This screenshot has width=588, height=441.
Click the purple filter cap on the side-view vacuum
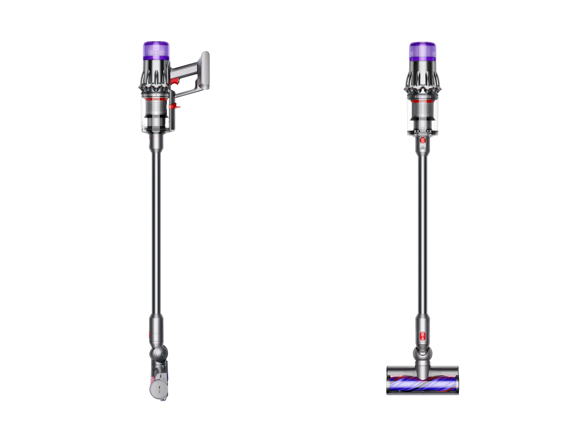click(156, 51)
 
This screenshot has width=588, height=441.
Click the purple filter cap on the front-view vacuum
click(423, 51)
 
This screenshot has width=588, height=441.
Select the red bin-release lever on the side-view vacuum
click(174, 106)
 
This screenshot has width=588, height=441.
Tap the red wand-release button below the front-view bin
click(423, 141)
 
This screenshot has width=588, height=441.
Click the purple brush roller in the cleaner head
click(422, 383)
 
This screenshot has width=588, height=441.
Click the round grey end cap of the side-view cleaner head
click(158, 388)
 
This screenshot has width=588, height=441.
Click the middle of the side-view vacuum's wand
click(156, 229)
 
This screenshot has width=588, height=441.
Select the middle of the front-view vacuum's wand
click(422, 229)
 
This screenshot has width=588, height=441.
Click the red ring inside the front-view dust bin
click(423, 102)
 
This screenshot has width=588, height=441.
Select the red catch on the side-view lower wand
click(152, 335)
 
